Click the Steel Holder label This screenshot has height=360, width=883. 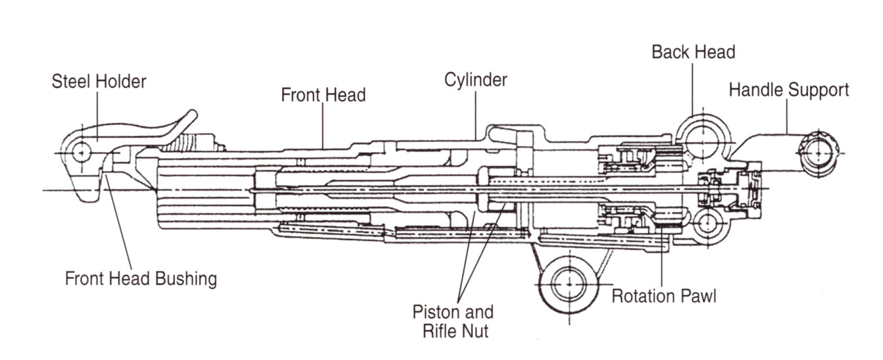(99, 82)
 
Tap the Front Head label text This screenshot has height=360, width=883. (323, 95)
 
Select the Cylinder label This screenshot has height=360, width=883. (476, 80)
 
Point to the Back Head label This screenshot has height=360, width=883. (693, 52)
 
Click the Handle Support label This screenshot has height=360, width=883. (789, 90)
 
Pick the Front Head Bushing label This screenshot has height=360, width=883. (141, 278)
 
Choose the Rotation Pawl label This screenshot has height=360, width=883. (664, 296)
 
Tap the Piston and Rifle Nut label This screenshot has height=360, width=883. (454, 321)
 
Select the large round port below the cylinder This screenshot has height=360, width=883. (565, 284)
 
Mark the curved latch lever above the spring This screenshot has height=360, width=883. (181, 125)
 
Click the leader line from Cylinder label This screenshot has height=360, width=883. (476, 115)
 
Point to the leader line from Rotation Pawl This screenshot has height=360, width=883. (661, 257)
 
